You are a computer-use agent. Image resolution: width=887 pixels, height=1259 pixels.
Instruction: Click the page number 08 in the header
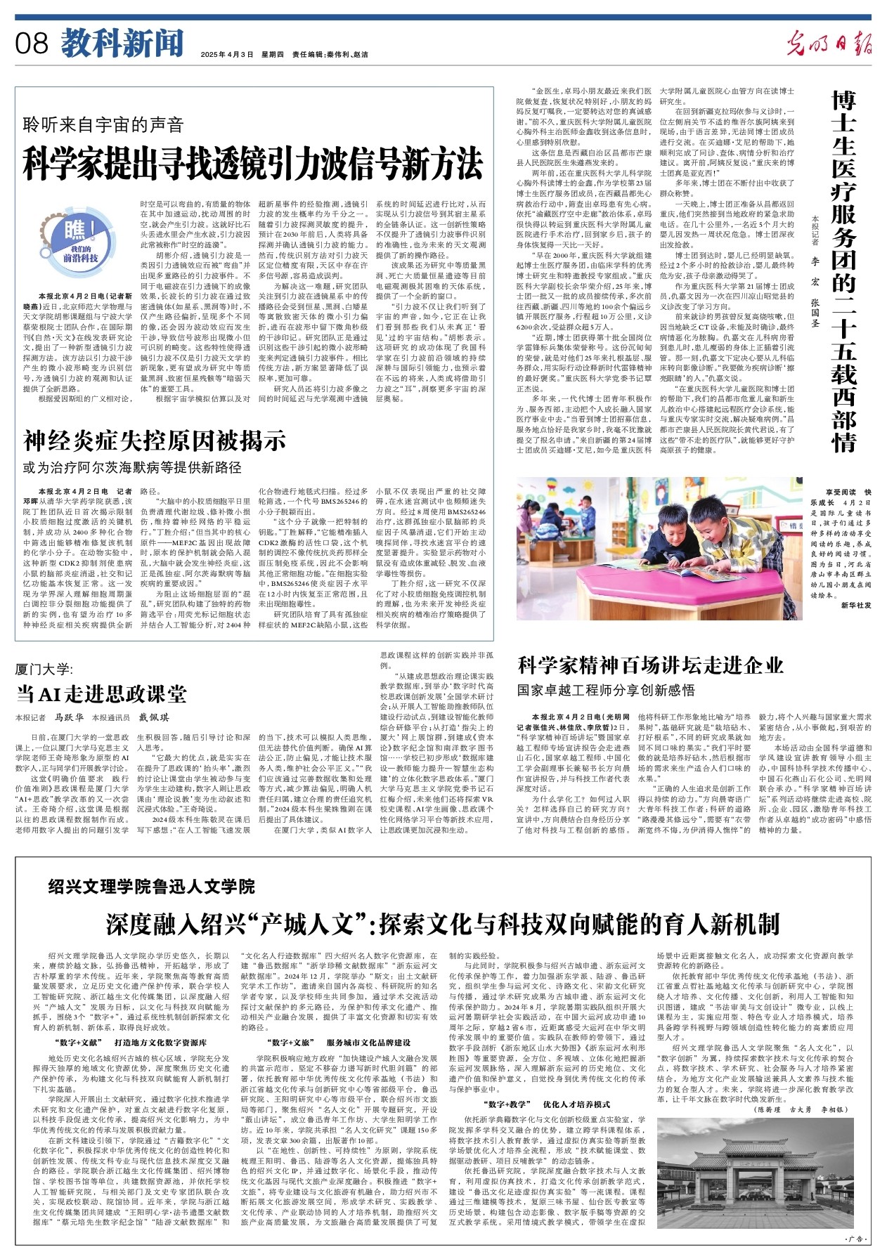pos(32,44)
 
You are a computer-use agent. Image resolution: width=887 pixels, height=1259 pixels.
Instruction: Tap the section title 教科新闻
pos(122,44)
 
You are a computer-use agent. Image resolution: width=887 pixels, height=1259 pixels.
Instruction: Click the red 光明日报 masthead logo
pos(829,44)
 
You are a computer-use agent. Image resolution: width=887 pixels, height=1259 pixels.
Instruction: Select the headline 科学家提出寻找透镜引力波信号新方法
pos(253,164)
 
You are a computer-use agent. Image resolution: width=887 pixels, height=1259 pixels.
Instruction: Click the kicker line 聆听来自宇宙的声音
pos(104,125)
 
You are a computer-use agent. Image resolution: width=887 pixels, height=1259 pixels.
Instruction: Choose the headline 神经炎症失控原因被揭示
pos(155,441)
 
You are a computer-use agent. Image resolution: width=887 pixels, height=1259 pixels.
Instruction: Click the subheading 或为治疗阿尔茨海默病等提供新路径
pos(132,467)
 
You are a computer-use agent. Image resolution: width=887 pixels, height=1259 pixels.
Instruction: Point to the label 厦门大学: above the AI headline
pos(44,668)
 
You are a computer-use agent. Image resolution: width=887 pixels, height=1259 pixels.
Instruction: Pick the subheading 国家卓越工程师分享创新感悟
pos(606,690)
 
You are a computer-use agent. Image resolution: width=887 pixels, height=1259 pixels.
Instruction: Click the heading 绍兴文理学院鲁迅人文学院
pos(152,887)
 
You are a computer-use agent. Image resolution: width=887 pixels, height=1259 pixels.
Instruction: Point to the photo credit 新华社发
pos(855,605)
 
